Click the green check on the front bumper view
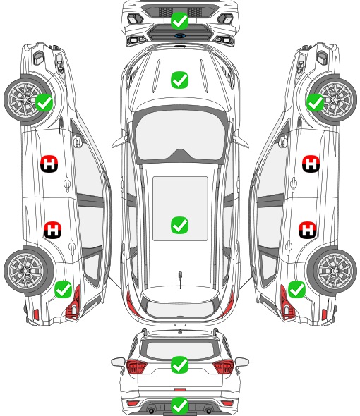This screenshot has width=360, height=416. point(179,20)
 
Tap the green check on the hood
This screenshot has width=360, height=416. point(179,80)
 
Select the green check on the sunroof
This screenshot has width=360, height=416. point(179,225)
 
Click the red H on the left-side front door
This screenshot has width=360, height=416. point(49,164)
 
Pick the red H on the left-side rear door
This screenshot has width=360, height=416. point(52,230)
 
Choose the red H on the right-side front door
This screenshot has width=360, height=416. point(311,164)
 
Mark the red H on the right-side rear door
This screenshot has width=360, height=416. point(307,230)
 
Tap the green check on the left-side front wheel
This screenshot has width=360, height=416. point(44,102)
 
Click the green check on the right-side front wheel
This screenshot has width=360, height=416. point(316,102)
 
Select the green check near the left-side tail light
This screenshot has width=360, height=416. point(64,289)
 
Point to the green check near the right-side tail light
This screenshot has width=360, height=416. point(296,289)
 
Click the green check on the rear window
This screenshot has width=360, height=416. point(179,365)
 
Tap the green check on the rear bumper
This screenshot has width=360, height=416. point(179,405)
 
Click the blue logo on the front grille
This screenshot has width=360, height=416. point(180,35)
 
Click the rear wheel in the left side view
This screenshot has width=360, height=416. point(29,271)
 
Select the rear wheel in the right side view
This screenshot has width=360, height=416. point(332,271)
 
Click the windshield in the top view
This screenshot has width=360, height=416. point(180,135)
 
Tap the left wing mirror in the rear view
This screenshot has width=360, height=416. point(119,362)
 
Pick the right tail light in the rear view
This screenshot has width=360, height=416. point(224,366)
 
